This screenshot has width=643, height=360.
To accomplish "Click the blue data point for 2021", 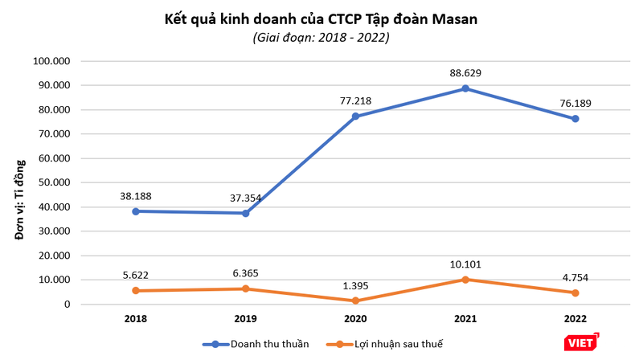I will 465,88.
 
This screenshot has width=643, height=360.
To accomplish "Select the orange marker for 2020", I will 356,301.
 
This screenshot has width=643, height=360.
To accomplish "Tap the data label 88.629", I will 465,73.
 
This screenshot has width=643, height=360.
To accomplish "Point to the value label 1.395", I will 356,286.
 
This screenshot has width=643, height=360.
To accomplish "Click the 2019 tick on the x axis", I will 246,319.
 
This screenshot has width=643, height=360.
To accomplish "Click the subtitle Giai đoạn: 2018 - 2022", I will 321,38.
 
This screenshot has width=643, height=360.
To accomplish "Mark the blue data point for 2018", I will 137,211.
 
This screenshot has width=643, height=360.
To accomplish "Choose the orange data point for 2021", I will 465,280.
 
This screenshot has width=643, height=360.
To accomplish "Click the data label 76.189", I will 575,103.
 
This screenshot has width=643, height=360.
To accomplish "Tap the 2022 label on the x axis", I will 575,319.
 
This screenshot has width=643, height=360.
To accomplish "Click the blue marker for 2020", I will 356,117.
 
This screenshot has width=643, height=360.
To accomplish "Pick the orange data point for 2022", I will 575,292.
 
